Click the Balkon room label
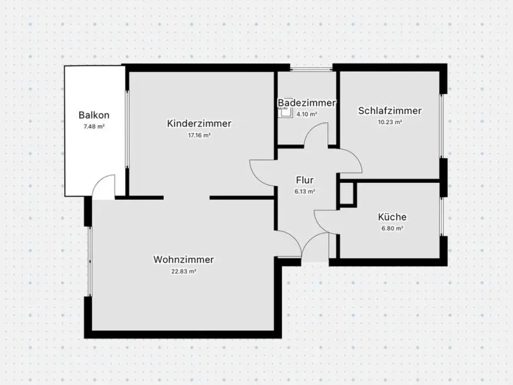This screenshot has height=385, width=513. (94, 115)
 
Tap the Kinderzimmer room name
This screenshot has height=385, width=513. (199, 123)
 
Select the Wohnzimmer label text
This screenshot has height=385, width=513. (184, 260)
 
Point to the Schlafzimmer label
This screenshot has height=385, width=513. (390, 111)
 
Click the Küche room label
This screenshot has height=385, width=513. (392, 217)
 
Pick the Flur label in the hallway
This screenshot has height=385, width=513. (305, 180)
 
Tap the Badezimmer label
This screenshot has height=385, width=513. (307, 103)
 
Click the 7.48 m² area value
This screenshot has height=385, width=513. (94, 126)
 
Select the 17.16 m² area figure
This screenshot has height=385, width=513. (199, 135)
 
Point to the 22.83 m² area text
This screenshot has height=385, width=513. (184, 271)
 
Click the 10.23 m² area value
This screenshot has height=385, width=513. (390, 122)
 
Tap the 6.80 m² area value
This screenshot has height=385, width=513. (392, 228)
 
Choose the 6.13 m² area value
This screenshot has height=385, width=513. (305, 191)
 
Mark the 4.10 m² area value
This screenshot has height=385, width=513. (307, 114)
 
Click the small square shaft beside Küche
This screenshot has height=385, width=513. (347, 195)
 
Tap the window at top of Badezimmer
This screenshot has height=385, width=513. (311, 69)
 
